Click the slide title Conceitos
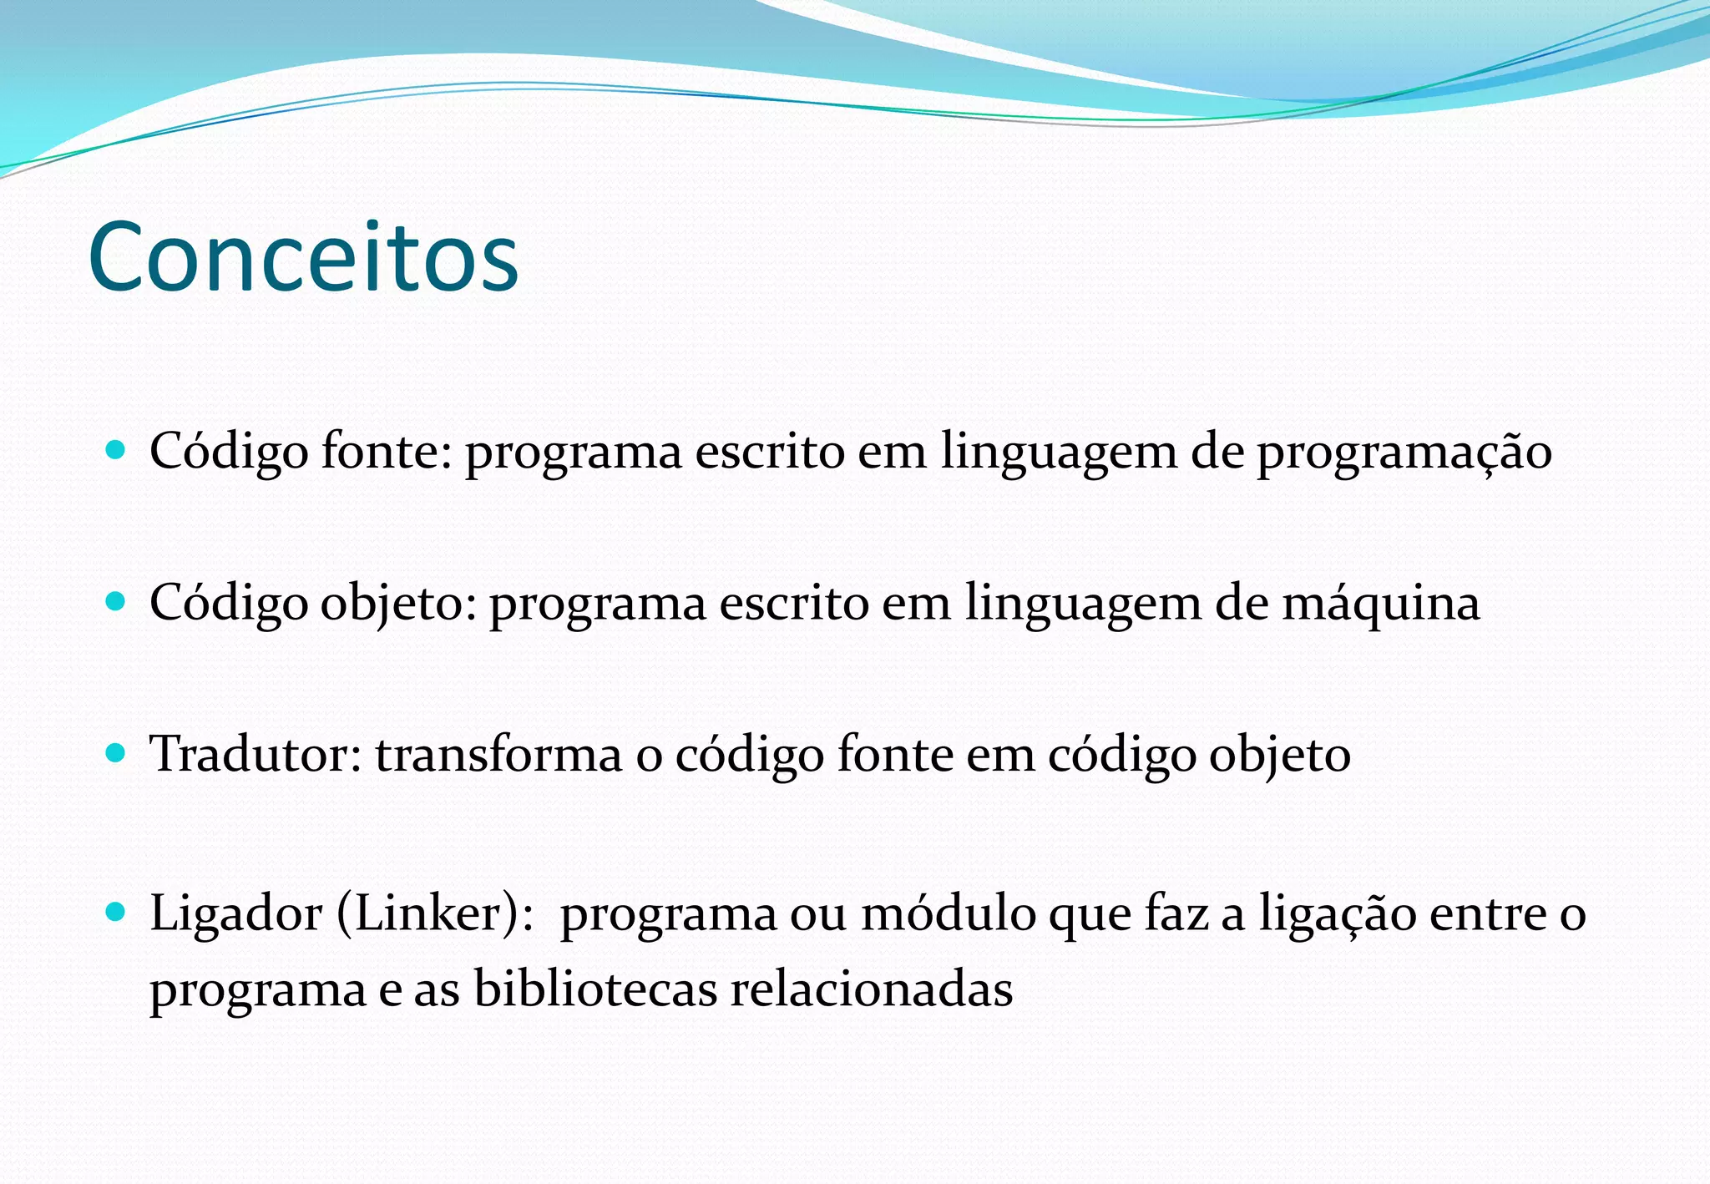tap(303, 256)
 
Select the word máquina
tap(1380, 604)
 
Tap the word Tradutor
tap(255, 754)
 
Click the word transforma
tap(498, 754)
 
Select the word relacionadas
tap(872, 989)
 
